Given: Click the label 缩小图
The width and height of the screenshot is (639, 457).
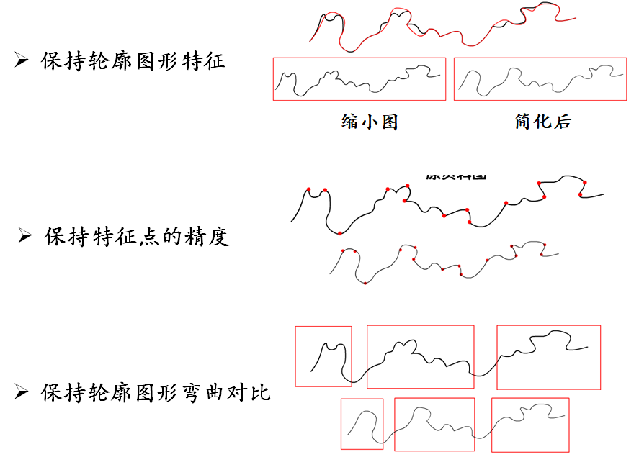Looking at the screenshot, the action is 370,122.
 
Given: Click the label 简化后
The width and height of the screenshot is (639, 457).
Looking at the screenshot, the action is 543,122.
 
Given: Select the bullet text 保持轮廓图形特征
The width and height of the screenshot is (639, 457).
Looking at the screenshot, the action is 133,60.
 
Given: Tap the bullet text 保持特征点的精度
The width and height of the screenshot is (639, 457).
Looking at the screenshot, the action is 137,236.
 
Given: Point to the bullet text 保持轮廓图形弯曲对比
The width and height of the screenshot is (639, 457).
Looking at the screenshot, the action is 156,392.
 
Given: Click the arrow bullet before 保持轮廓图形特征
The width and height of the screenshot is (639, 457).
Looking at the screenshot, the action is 22,61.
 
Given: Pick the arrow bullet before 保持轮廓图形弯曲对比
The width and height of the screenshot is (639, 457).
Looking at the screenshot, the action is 22,393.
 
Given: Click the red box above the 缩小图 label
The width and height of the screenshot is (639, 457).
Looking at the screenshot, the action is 359,79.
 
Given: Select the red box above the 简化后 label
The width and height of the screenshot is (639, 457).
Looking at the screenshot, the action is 540,79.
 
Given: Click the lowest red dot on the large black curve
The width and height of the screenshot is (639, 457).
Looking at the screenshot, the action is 339,233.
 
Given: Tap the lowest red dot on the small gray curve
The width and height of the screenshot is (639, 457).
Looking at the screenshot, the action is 365,283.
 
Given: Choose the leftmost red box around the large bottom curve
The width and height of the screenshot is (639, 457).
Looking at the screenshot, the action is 323,356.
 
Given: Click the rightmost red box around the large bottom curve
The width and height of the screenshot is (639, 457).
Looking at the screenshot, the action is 548,357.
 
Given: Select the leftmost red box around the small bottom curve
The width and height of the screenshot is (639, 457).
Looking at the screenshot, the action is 362,424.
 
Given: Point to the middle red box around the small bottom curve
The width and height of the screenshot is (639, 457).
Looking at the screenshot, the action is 434,424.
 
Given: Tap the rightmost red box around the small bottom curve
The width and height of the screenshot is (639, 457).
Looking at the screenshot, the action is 530,424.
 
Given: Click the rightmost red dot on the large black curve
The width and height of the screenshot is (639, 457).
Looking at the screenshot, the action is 585,183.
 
